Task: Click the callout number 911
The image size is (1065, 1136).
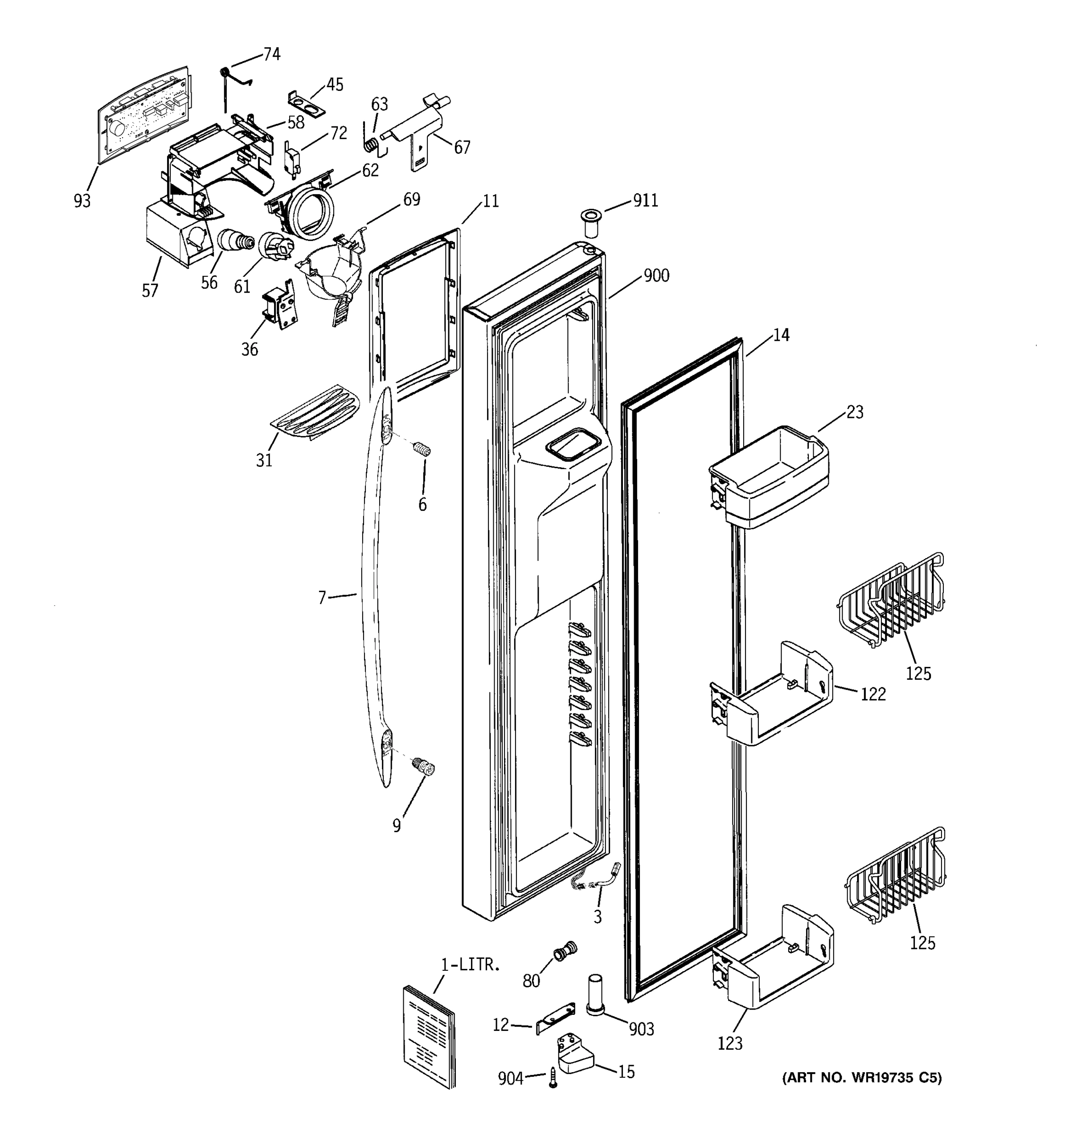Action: (x=645, y=201)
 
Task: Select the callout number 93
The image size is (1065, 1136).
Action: (x=82, y=201)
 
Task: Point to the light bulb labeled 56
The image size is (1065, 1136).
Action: (x=235, y=241)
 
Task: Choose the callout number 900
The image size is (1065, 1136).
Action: (x=657, y=275)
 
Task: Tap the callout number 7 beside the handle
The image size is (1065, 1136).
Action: (x=322, y=598)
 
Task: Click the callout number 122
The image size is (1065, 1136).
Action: (x=872, y=694)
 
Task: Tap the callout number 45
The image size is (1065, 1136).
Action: (x=335, y=85)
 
